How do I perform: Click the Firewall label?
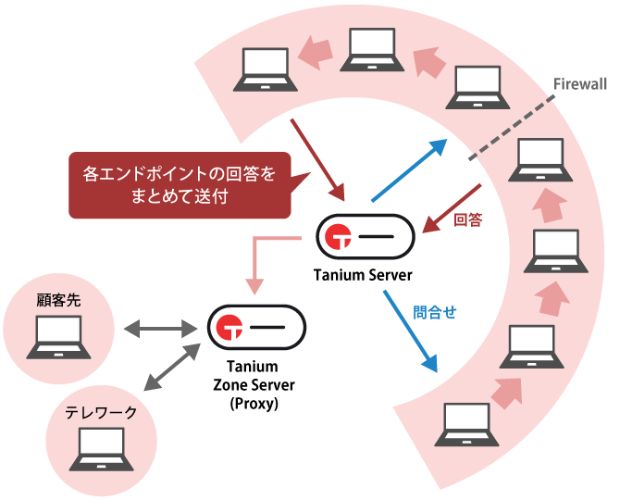[579, 84]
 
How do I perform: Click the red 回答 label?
[469, 219]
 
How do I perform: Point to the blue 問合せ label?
[435, 312]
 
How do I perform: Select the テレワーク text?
[100, 413]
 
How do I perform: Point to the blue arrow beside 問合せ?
[408, 330]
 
